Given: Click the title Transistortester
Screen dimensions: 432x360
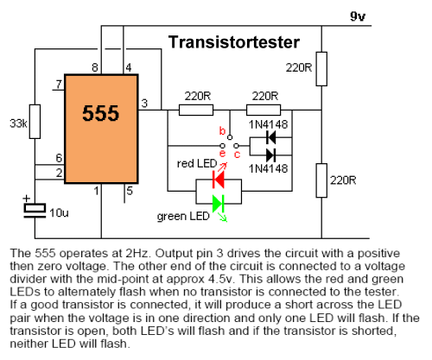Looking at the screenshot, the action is click(x=234, y=42).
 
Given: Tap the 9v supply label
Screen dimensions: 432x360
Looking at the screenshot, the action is click(x=358, y=16).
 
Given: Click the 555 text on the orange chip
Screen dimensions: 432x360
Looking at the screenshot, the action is click(x=100, y=113).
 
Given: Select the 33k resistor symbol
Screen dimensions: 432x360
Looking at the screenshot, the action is click(x=35, y=122).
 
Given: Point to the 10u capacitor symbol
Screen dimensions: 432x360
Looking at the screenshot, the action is click(x=35, y=211).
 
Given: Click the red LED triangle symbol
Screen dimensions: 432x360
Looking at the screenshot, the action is click(x=219, y=180).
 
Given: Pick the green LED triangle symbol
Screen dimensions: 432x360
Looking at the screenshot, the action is click(x=219, y=204).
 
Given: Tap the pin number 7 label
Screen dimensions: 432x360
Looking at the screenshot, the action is click(x=59, y=85).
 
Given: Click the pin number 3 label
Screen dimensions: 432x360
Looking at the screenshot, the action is click(x=144, y=103).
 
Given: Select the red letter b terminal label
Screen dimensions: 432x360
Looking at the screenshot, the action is click(x=222, y=130).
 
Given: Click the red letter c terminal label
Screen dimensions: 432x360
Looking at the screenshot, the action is click(x=237, y=155).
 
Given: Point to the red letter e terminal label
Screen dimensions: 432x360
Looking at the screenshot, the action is click(x=222, y=154).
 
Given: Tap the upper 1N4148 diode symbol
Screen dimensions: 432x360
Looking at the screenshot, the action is click(x=271, y=137).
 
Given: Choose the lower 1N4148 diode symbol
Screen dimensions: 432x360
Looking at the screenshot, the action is click(x=271, y=155).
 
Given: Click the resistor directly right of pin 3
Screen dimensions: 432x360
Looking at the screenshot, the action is click(x=196, y=110).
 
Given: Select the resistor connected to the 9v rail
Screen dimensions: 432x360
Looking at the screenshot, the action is click(x=321, y=69).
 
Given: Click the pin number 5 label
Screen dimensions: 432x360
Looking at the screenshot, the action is click(x=130, y=191).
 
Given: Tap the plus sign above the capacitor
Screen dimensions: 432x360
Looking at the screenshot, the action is click(x=27, y=199).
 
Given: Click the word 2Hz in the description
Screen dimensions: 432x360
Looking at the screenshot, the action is click(x=137, y=253).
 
